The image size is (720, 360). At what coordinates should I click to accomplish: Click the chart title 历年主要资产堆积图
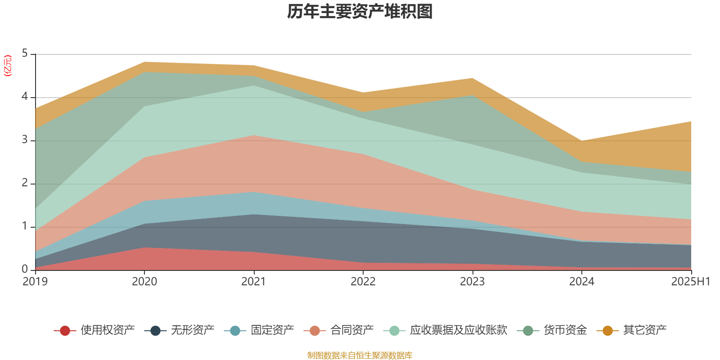[x=360, y=12]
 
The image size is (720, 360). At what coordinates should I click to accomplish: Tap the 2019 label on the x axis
[x=35, y=282]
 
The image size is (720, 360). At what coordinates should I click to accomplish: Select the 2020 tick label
[x=144, y=282]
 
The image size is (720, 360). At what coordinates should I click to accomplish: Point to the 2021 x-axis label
[x=254, y=282]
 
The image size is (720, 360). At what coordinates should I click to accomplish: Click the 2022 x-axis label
[x=363, y=282]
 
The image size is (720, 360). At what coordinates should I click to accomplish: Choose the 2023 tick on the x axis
[x=472, y=282]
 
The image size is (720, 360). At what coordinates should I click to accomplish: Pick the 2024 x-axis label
[x=582, y=282]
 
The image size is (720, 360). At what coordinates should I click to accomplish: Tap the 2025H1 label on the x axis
[x=690, y=282]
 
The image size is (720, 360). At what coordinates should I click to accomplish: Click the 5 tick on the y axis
[x=25, y=54]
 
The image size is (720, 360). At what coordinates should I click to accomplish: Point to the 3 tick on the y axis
[x=25, y=140]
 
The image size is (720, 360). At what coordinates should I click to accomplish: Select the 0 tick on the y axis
[x=25, y=269]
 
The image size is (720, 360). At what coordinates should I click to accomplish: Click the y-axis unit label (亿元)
[x=8, y=66]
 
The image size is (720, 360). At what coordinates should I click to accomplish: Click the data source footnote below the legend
[x=360, y=355]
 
